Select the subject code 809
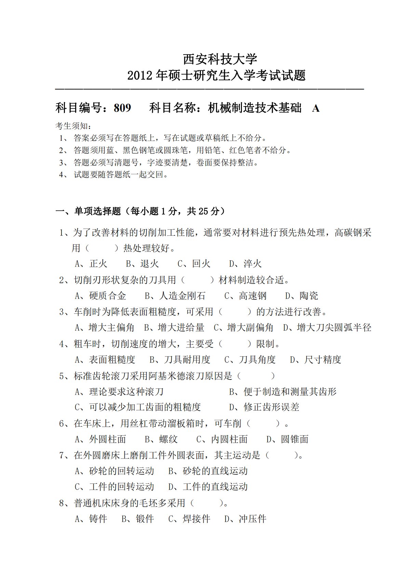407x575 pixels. point(122,108)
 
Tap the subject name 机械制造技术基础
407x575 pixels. point(255,108)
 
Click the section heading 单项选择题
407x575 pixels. point(98,211)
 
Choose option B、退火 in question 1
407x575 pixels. point(143,264)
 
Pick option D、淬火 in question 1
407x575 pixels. point(245,264)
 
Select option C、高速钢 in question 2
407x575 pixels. point(245,296)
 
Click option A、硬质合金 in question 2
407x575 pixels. point(100,296)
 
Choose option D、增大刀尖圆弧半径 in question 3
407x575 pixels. point(327,328)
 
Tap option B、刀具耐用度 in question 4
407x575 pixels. point(180,360)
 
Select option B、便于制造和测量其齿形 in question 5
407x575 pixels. point(283,392)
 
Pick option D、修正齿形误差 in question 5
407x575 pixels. point(264,407)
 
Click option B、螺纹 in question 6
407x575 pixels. point(161,439)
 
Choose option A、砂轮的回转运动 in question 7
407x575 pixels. point(114,471)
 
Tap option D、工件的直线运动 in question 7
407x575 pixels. point(208,487)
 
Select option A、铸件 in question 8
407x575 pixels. point(91,519)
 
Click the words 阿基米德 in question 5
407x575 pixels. point(167,376)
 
